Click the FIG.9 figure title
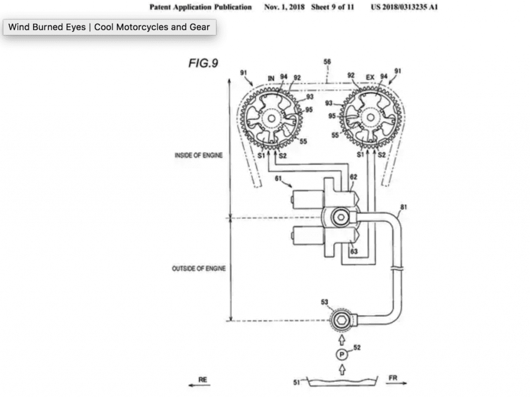coord(203,63)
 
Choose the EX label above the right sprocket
coord(370,78)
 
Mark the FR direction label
coord(393,378)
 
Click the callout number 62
coord(354,177)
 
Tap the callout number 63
coord(354,252)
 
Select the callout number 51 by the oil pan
coord(296,383)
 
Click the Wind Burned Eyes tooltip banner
coord(109,27)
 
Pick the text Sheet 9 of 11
coord(332,7)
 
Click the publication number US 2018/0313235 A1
coord(405,7)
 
